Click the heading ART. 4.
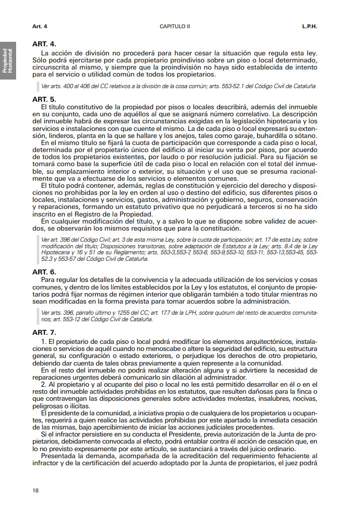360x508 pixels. point(44,44)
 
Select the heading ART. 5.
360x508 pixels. point(44,99)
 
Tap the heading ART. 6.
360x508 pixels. point(44,271)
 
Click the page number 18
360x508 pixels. point(35,490)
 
